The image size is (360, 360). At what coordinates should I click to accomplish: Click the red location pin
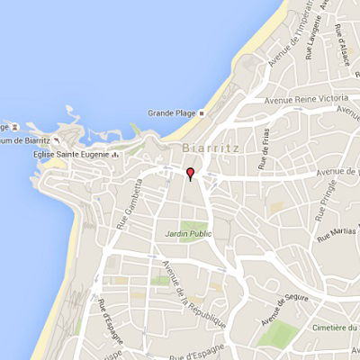[x=190, y=174]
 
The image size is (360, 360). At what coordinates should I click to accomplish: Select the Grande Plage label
[x=173, y=113]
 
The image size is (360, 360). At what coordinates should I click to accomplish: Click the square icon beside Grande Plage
[x=202, y=113]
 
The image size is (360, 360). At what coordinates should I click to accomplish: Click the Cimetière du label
[x=332, y=330]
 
